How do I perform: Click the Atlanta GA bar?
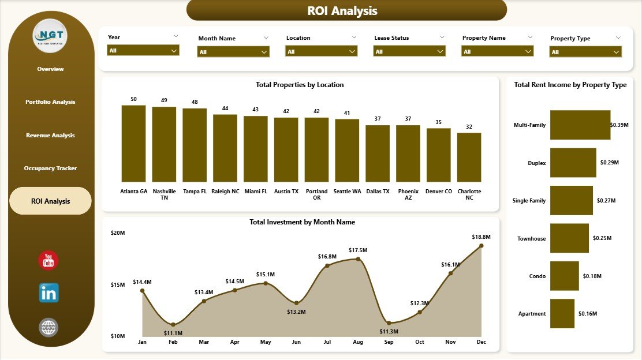pos(133,144)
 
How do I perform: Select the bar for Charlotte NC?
pos(469,157)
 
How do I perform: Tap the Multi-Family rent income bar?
pos(580,125)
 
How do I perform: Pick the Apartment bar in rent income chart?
pos(562,313)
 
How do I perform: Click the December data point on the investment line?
pos(481,246)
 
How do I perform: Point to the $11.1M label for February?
pos(173,333)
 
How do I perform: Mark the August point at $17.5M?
pos(358,259)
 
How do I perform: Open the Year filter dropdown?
pos(143,51)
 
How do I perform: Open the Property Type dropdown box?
pos(585,52)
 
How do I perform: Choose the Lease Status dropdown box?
pos(410,51)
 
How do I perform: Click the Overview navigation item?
pos(50,69)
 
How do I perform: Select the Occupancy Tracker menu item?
pos(50,168)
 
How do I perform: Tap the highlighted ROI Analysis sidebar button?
pos(50,201)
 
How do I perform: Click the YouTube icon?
pos(48,261)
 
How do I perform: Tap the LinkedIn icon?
pos(48,293)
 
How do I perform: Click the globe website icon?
pos(48,327)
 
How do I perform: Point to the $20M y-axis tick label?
pos(118,232)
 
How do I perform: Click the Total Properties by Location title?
pos(300,85)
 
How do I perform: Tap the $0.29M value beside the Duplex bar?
pos(609,163)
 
